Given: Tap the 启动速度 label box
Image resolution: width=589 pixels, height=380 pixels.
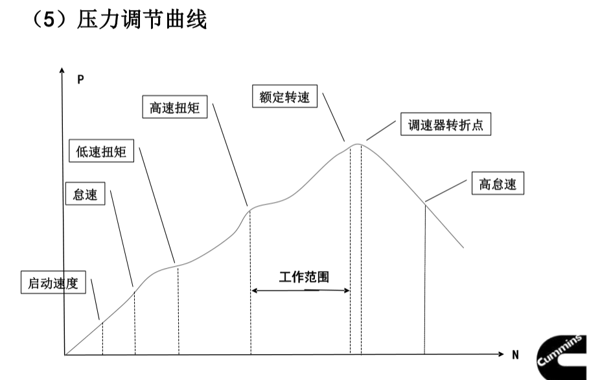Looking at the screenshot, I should point(53,284).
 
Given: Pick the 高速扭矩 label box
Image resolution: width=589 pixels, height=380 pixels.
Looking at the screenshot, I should point(174,107).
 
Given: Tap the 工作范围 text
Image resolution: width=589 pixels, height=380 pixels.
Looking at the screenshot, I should point(304,278).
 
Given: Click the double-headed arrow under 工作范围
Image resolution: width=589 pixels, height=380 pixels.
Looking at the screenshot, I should point(301,291).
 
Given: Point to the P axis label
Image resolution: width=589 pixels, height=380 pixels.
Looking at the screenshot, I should point(80,80).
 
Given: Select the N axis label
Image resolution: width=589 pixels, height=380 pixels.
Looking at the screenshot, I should point(516,355).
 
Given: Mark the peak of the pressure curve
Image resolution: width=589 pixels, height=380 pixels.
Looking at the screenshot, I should point(356,144).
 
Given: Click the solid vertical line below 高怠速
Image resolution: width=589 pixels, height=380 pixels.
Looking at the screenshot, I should point(424,278).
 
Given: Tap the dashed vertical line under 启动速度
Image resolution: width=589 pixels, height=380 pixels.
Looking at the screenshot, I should point(102,338).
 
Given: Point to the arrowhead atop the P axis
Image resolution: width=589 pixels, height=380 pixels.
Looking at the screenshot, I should point(63,70).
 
